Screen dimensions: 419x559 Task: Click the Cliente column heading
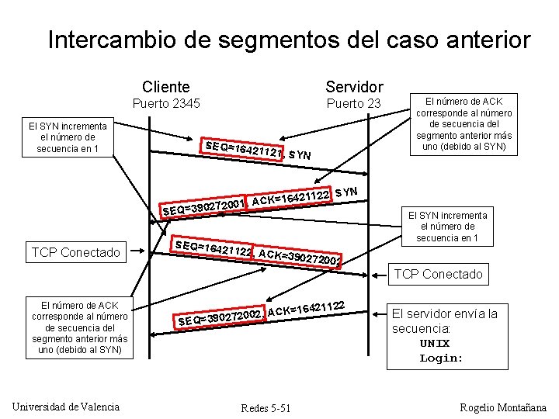coord(165,86)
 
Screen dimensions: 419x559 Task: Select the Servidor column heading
coord(354,86)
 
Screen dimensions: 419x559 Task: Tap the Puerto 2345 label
coord(166,103)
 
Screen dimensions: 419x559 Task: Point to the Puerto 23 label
coord(353,103)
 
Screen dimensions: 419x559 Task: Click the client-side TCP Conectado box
coord(76,252)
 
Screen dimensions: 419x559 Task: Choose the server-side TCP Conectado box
coord(438,274)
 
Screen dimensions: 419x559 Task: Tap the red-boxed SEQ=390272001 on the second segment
coord(204,206)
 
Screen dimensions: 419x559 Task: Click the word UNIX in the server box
coord(435,344)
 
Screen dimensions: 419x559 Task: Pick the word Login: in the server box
coord(441,358)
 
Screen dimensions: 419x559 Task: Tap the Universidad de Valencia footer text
coord(67,407)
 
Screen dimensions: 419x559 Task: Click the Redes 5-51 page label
coord(266,408)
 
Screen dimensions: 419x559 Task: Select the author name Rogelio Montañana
coord(504,407)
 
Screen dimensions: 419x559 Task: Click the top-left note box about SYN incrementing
coord(68,137)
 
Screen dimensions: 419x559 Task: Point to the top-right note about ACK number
coord(464,124)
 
